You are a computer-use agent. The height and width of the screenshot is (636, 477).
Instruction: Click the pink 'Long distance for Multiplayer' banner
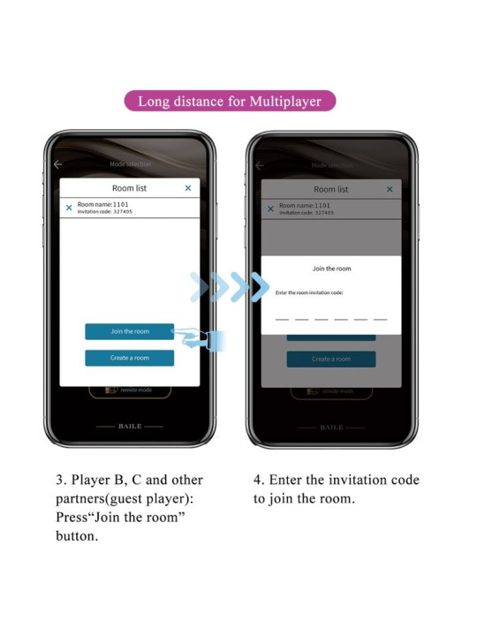click(231, 100)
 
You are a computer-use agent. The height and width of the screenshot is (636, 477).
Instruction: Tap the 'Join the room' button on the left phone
click(129, 331)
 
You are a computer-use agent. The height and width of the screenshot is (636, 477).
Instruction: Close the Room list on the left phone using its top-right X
click(187, 188)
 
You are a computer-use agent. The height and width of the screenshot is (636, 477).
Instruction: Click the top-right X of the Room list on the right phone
click(390, 189)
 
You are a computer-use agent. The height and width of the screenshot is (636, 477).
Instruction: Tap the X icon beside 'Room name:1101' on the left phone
click(69, 208)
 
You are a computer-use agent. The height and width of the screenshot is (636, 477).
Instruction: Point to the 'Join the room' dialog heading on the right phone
click(331, 269)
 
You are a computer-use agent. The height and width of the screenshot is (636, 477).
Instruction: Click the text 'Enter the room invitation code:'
click(309, 292)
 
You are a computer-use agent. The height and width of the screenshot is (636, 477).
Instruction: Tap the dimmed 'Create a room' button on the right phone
click(331, 359)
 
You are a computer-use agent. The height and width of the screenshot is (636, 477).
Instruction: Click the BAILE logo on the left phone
click(129, 426)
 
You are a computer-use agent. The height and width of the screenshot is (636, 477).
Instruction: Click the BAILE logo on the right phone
click(331, 427)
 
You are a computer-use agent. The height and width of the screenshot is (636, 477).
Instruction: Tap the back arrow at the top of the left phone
click(57, 164)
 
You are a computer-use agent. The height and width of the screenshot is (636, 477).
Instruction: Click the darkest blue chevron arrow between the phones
click(259, 286)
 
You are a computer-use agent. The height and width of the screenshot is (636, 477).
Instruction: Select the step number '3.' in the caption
click(62, 481)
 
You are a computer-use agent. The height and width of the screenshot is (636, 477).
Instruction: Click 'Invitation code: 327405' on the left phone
click(105, 212)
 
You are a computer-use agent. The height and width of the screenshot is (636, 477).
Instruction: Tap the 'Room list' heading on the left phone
click(129, 188)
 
